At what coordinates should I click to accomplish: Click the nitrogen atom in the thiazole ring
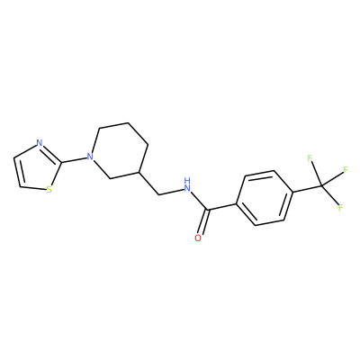click(x=40, y=143)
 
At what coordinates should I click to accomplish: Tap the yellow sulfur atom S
click(x=49, y=190)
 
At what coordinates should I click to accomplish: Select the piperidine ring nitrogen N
click(x=89, y=157)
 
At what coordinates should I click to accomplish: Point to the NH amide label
click(x=187, y=184)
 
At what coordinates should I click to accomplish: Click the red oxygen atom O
click(x=198, y=238)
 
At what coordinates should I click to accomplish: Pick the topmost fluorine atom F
click(x=310, y=158)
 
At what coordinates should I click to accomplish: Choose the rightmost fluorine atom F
click(x=346, y=170)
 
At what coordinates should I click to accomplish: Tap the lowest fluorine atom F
click(x=340, y=207)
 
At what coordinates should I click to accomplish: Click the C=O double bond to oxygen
click(x=202, y=222)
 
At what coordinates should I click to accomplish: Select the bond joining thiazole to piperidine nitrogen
click(x=74, y=160)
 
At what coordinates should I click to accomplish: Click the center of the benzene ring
click(x=265, y=198)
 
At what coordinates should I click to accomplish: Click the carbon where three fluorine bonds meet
click(x=321, y=186)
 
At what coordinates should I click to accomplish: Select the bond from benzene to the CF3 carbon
click(x=307, y=189)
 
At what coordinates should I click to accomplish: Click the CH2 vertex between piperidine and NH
click(x=159, y=194)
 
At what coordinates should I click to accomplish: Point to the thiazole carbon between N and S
click(x=62, y=163)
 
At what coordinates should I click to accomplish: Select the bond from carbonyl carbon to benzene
click(x=222, y=207)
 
